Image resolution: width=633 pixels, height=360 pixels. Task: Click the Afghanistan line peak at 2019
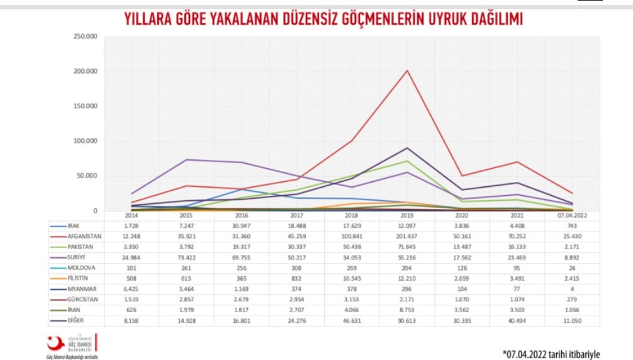(x=407, y=70)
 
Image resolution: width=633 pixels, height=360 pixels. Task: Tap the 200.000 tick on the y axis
(x=86, y=71)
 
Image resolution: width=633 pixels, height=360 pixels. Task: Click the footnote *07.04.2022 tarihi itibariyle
(x=551, y=352)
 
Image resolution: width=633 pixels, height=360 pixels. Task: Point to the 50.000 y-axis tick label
(x=87, y=176)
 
